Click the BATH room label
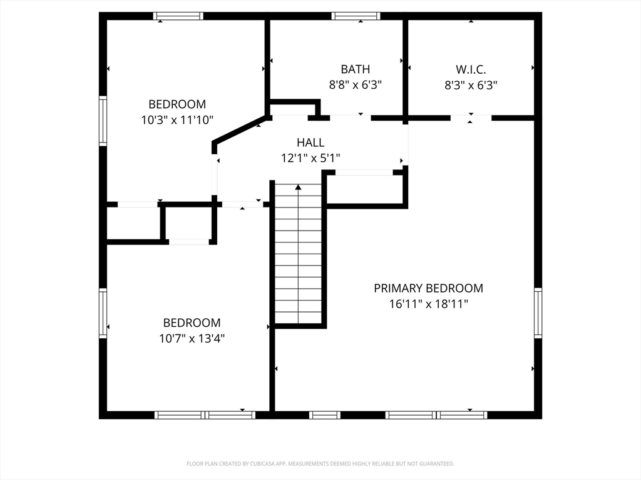tap(356, 69)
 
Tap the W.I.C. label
tap(471, 69)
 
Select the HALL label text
tap(310, 142)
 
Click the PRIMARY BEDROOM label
tap(428, 288)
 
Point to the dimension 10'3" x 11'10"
tap(177, 120)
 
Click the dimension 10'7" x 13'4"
tap(192, 338)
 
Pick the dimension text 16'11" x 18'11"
tap(428, 304)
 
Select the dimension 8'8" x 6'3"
tap(356, 85)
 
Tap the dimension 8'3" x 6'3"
tap(471, 85)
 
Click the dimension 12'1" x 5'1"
tap(310, 158)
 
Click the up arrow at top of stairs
tap(299, 187)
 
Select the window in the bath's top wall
tap(356, 16)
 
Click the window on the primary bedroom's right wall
tap(538, 312)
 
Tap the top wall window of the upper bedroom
tap(178, 16)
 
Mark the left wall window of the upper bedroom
tap(103, 121)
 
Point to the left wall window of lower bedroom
tap(103, 313)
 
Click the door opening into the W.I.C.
tap(471, 118)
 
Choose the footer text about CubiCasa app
tap(320, 464)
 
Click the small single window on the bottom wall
tap(325, 415)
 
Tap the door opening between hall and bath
tap(351, 118)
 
